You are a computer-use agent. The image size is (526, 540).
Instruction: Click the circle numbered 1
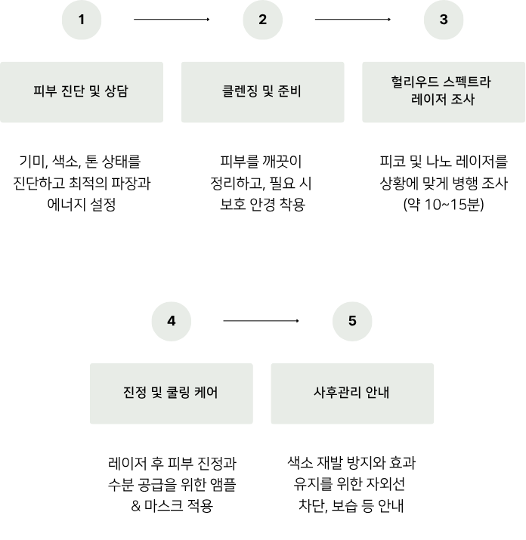pyautogui.click(x=82, y=20)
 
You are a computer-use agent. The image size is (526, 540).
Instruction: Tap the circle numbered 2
pyautogui.click(x=262, y=20)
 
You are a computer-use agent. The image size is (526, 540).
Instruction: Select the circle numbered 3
pyautogui.click(x=444, y=20)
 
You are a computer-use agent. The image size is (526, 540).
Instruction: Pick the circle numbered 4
pyautogui.click(x=172, y=321)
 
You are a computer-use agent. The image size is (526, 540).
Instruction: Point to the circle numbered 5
pyautogui.click(x=352, y=321)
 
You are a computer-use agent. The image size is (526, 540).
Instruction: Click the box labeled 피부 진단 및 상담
pyautogui.click(x=82, y=92)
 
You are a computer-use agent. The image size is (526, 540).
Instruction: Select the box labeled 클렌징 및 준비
pyautogui.click(x=262, y=92)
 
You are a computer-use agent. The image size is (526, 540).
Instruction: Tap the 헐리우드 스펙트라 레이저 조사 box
pyautogui.click(x=444, y=92)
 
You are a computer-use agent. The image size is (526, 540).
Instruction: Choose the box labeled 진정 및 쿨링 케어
pyautogui.click(x=172, y=393)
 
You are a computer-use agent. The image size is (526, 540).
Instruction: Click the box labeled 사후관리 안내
pyautogui.click(x=352, y=393)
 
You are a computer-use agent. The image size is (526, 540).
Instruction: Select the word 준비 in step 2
pyautogui.click(x=290, y=92)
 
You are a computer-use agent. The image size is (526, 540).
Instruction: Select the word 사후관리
pyautogui.click(x=337, y=393)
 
